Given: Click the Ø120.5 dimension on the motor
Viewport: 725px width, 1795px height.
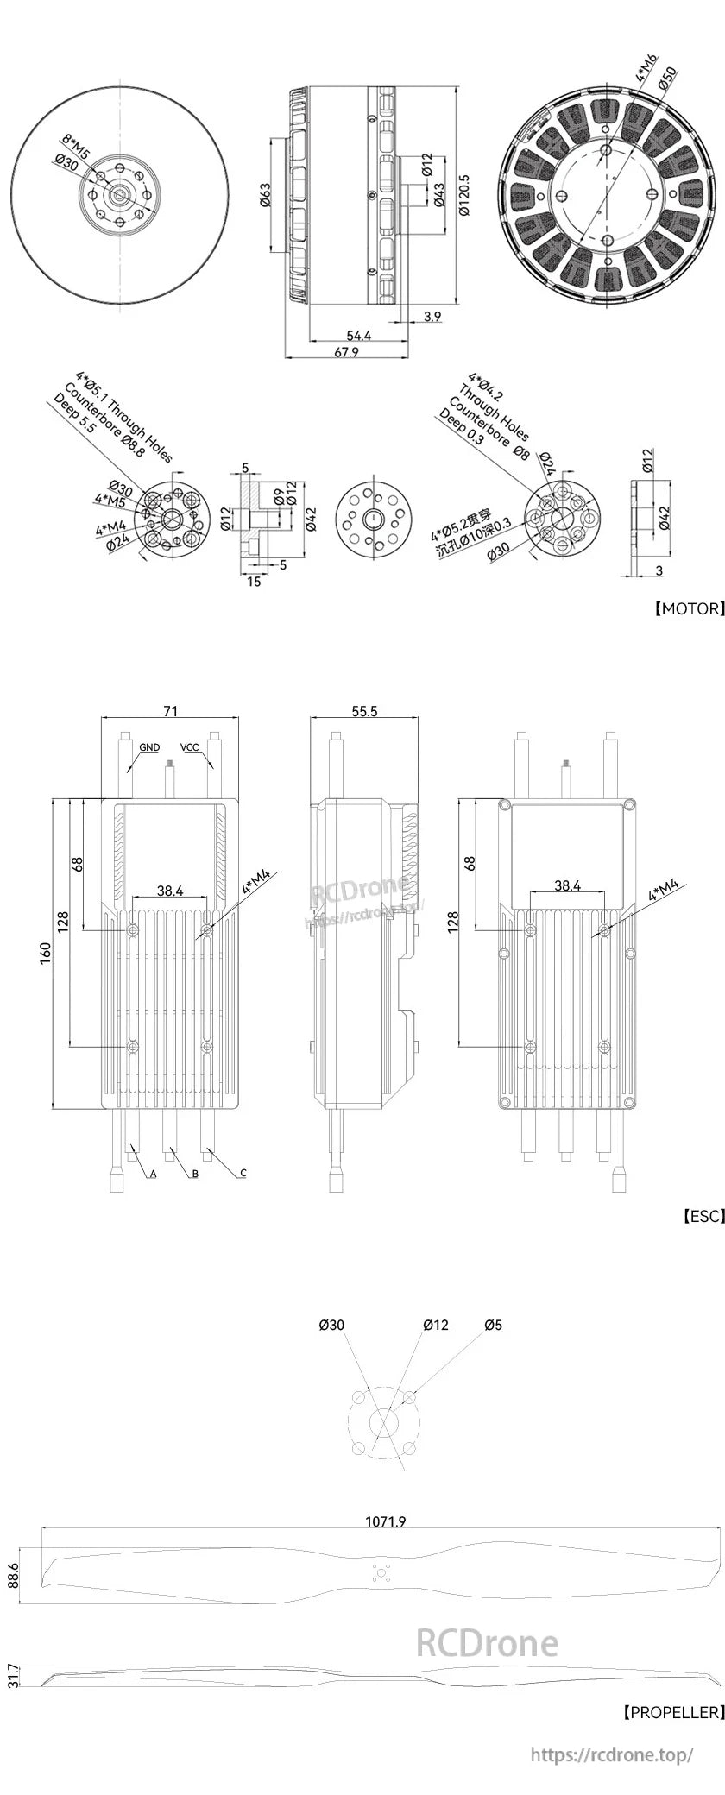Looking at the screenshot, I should pos(463,197).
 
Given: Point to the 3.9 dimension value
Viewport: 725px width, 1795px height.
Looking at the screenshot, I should pos(432,317).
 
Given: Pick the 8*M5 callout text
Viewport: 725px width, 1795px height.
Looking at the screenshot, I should pos(79,142).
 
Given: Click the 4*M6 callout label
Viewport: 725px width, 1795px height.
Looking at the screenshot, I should pos(646,66).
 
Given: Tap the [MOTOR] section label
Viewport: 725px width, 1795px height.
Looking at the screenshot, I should pos(687,608).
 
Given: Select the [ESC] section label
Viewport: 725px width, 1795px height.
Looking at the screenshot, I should pos(702,1216).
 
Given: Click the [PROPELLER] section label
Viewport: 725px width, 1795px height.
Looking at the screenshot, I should pos(671,1711).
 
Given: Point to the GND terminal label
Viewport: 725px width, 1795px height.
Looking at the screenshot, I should pos(149,747).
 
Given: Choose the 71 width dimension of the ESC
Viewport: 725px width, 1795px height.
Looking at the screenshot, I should pos(171,710).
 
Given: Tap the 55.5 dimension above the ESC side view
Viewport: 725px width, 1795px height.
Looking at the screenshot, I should pos(364,710).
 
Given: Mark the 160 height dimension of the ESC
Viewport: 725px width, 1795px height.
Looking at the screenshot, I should pos(46,952).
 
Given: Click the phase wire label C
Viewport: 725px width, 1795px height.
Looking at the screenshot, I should pos(243,1173).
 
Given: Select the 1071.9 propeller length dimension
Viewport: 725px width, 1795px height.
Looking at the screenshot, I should pos(386,1521).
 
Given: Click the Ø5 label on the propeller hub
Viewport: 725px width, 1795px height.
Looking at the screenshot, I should pos(494,1325).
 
